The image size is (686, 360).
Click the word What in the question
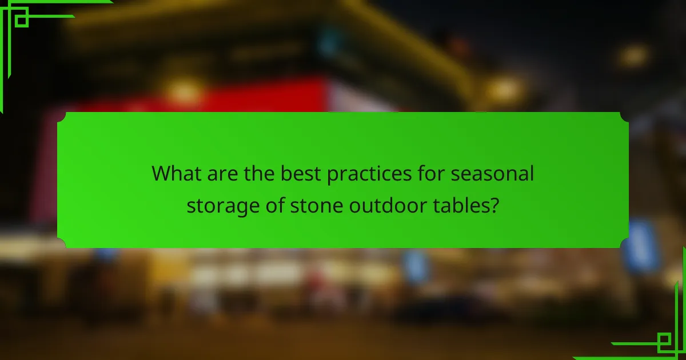pyautogui.click(x=176, y=174)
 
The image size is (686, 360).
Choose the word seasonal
pyautogui.click(x=492, y=174)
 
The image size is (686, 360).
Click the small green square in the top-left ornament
pyautogui.click(x=22, y=20)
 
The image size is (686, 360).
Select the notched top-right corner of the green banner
pyautogui.click(x=624, y=117)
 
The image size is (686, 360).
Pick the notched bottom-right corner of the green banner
pyautogui.click(x=624, y=243)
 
